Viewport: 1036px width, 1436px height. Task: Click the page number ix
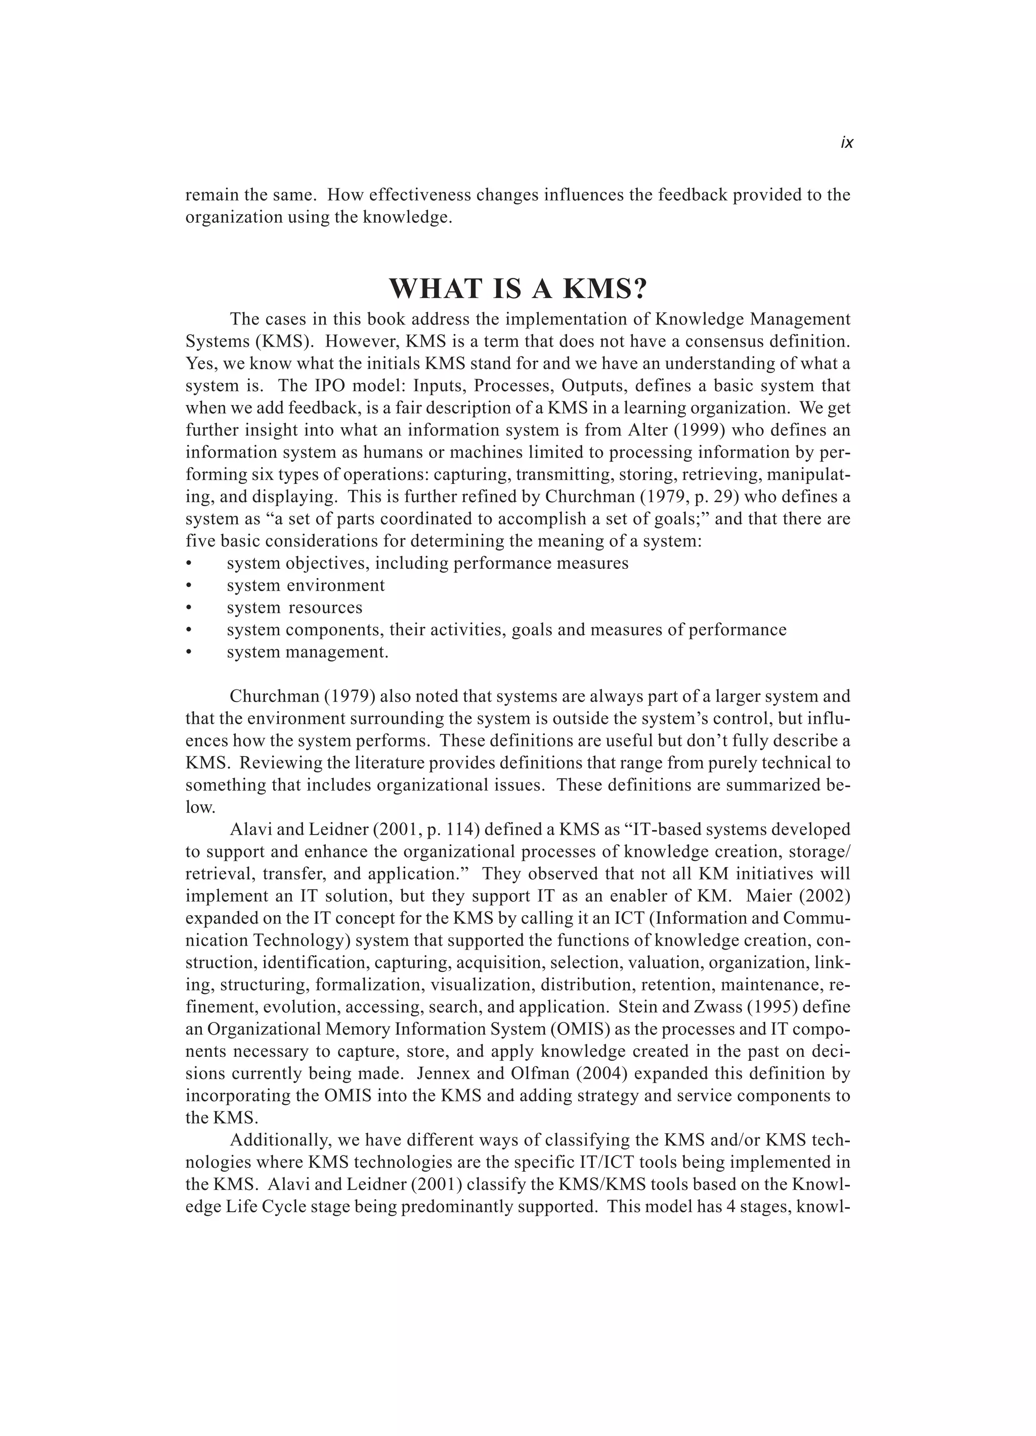pyautogui.click(x=846, y=143)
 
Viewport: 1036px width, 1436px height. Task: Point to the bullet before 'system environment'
pyautogui.click(x=189, y=586)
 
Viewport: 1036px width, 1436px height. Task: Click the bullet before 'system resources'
pyautogui.click(x=189, y=608)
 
